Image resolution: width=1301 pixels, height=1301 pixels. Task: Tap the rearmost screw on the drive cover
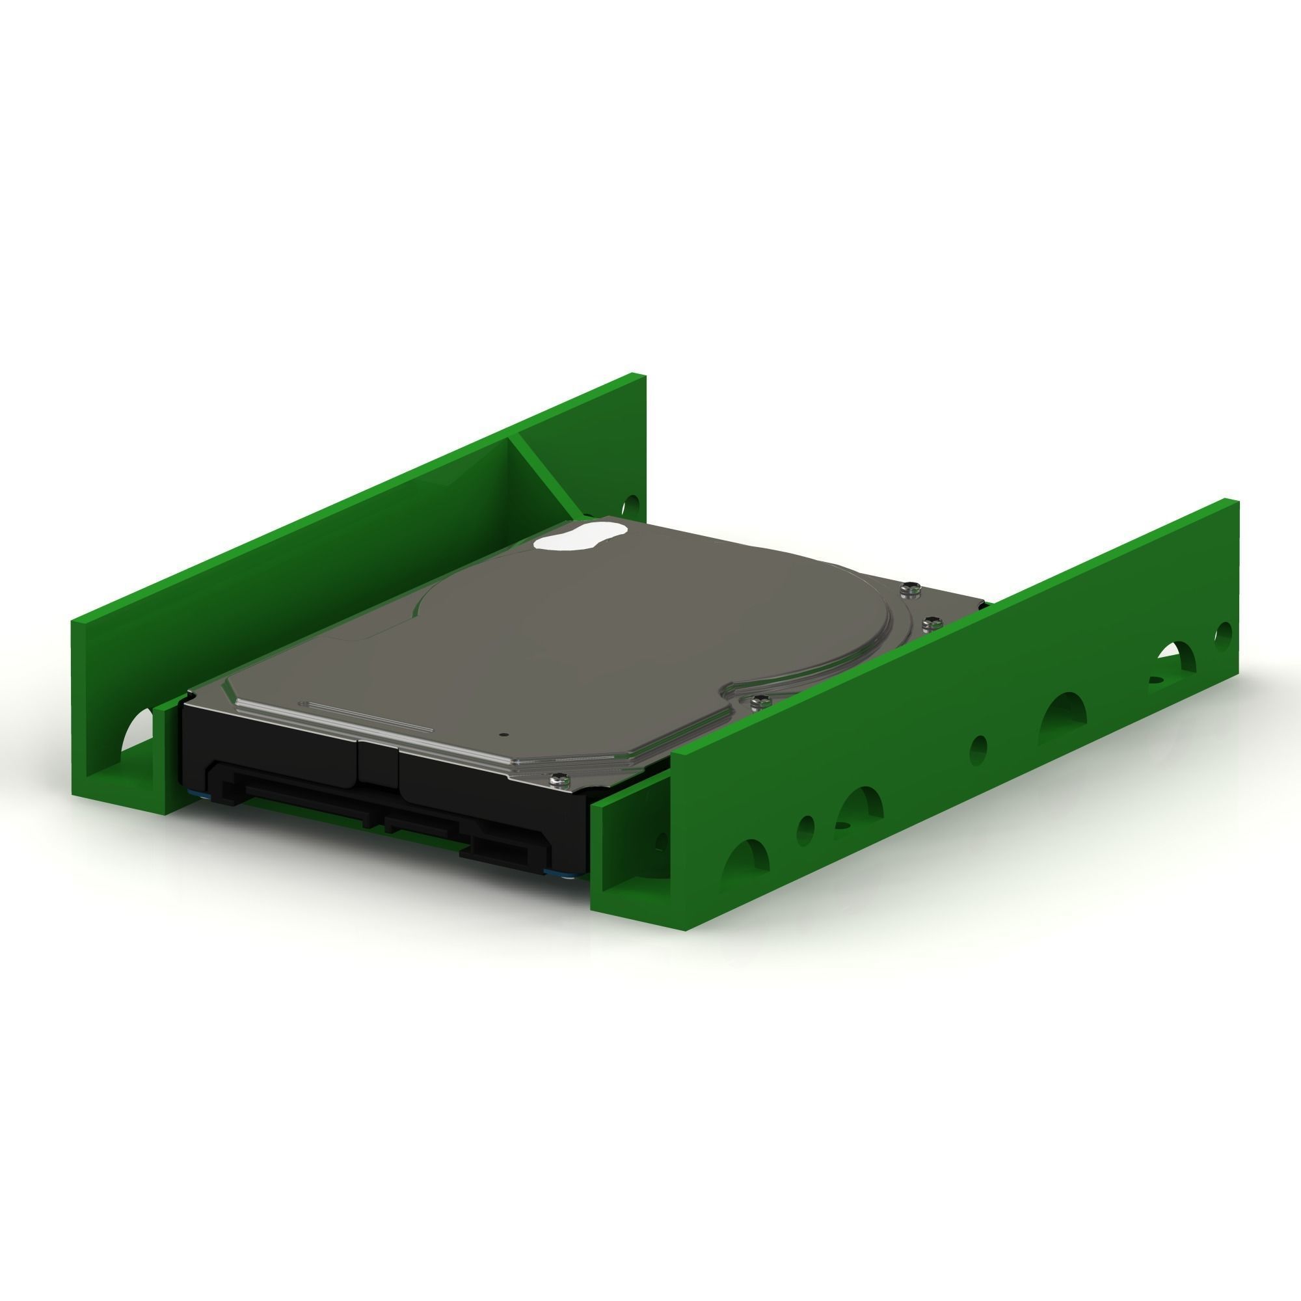(910, 589)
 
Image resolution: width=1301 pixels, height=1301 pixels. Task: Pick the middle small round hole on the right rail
(978, 749)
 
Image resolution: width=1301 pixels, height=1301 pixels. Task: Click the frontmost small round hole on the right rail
(805, 829)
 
